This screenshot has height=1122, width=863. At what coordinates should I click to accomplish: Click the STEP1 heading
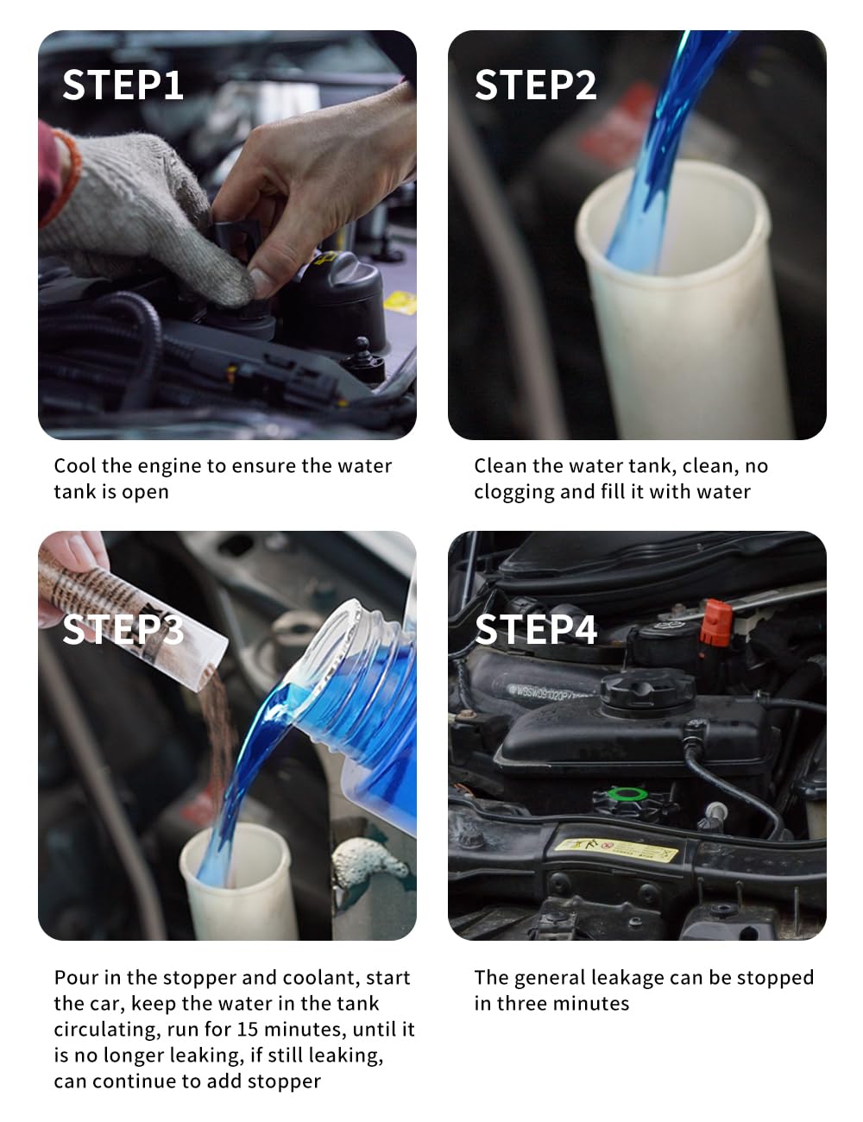click(x=123, y=85)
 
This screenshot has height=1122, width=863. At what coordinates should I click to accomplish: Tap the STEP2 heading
click(x=535, y=85)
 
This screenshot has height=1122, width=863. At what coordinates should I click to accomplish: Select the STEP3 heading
click(x=123, y=629)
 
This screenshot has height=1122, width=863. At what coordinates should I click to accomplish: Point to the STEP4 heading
click(x=536, y=629)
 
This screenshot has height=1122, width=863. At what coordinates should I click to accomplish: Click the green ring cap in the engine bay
click(x=627, y=793)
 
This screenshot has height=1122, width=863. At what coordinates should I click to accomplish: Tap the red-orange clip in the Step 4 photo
click(x=716, y=623)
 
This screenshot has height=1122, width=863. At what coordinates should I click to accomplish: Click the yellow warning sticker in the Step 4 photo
click(x=615, y=850)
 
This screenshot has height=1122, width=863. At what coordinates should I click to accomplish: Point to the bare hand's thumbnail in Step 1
click(x=261, y=282)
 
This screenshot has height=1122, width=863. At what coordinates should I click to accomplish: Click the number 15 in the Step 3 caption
click(x=247, y=1029)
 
